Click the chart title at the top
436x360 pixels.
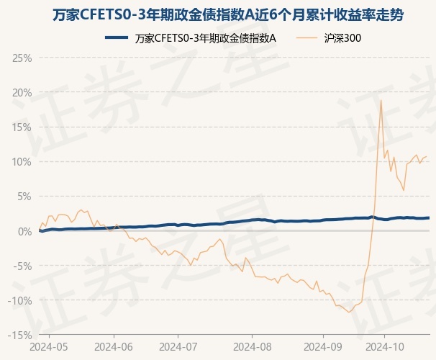pyautogui.click(x=218, y=14)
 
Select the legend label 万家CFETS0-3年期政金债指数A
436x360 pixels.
pyautogui.click(x=206, y=38)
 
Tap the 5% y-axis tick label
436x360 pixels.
pyautogui.click(x=24, y=196)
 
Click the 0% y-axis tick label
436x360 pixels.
pyautogui.click(x=24, y=230)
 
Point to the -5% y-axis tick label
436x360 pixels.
pyautogui.click(x=22, y=266)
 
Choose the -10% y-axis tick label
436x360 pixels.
pyautogui.click(x=20, y=300)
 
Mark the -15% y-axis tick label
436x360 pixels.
pyautogui.click(x=20, y=335)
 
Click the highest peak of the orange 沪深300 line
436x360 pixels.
pyautogui.click(x=381, y=100)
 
